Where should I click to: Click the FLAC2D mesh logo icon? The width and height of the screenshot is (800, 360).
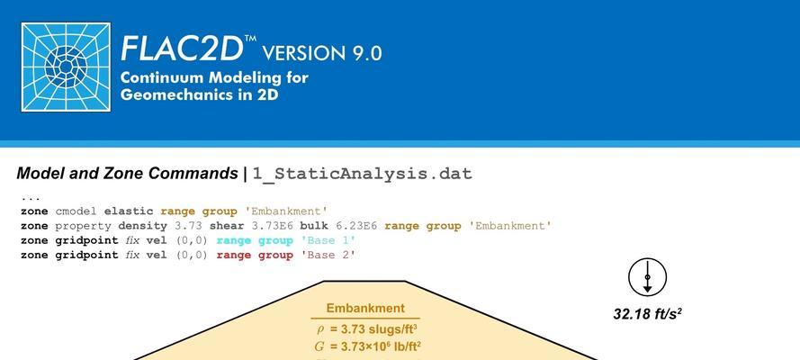click(66, 67)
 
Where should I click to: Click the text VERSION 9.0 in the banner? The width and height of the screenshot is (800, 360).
click(321, 53)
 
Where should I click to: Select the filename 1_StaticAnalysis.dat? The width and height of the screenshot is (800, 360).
click(363, 175)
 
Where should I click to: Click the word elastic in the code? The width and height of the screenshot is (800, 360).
click(128, 211)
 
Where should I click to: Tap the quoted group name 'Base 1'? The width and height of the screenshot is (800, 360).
click(331, 240)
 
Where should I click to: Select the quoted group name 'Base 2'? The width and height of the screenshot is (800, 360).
click(331, 256)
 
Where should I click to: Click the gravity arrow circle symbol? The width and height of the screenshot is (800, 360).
click(647, 277)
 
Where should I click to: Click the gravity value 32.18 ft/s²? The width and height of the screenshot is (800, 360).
click(647, 313)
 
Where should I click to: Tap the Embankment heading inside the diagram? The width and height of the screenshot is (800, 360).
click(365, 309)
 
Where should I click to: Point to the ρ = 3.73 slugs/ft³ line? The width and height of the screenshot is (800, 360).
click(368, 328)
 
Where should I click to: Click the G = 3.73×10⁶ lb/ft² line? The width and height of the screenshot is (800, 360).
click(367, 346)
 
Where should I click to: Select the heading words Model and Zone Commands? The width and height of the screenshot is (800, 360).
click(127, 174)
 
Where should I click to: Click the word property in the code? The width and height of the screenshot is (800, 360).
click(83, 226)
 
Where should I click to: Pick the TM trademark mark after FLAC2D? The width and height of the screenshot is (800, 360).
click(250, 39)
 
